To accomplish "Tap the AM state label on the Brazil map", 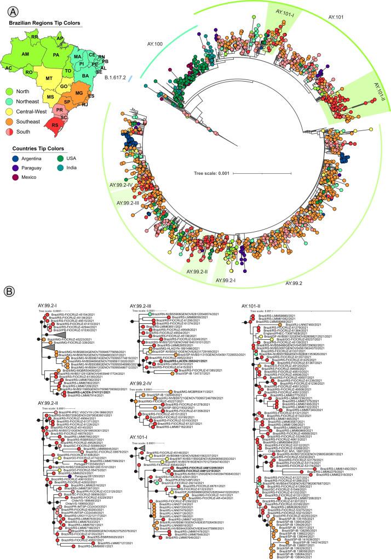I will (25, 55).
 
